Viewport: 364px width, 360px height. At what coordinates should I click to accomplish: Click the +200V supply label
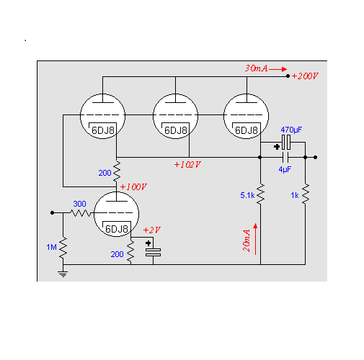pyautogui.click(x=305, y=76)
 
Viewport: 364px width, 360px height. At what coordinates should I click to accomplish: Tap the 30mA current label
pyautogui.click(x=256, y=68)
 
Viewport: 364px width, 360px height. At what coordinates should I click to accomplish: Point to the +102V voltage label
pyautogui.click(x=187, y=165)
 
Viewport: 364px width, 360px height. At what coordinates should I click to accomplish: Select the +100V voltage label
pyautogui.click(x=133, y=187)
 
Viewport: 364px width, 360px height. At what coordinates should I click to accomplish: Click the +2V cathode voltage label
pyautogui.click(x=152, y=230)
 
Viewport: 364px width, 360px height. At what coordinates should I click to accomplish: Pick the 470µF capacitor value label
pyautogui.click(x=291, y=130)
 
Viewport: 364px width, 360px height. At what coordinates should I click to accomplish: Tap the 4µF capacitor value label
pyautogui.click(x=285, y=169)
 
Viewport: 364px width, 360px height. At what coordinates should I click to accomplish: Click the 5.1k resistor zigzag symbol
pyautogui.click(x=260, y=194)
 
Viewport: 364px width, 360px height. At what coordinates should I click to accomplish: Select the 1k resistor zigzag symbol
pyautogui.click(x=306, y=194)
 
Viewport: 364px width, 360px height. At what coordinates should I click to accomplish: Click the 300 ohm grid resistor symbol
pyautogui.click(x=81, y=213)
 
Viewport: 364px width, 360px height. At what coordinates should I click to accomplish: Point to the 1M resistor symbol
pyautogui.click(x=63, y=248)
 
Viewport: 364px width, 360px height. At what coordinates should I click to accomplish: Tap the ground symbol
pyautogui.click(x=63, y=274)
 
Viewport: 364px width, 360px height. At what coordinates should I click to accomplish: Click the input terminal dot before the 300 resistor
pyautogui.click(x=53, y=213)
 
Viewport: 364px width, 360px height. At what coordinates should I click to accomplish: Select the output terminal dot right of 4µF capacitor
pyautogui.click(x=316, y=158)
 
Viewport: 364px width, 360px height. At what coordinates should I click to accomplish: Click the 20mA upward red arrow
pyautogui.click(x=255, y=239)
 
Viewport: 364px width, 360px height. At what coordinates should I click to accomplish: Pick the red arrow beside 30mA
pyautogui.click(x=278, y=69)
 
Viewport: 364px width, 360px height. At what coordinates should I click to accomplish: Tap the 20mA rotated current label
pyautogui.click(x=247, y=240)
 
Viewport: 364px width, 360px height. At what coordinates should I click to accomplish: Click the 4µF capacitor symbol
pyautogui.click(x=285, y=158)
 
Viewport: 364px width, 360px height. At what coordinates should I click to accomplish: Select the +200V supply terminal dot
pyautogui.click(x=288, y=76)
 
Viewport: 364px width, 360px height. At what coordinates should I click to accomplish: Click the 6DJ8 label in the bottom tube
pyautogui.click(x=117, y=229)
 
